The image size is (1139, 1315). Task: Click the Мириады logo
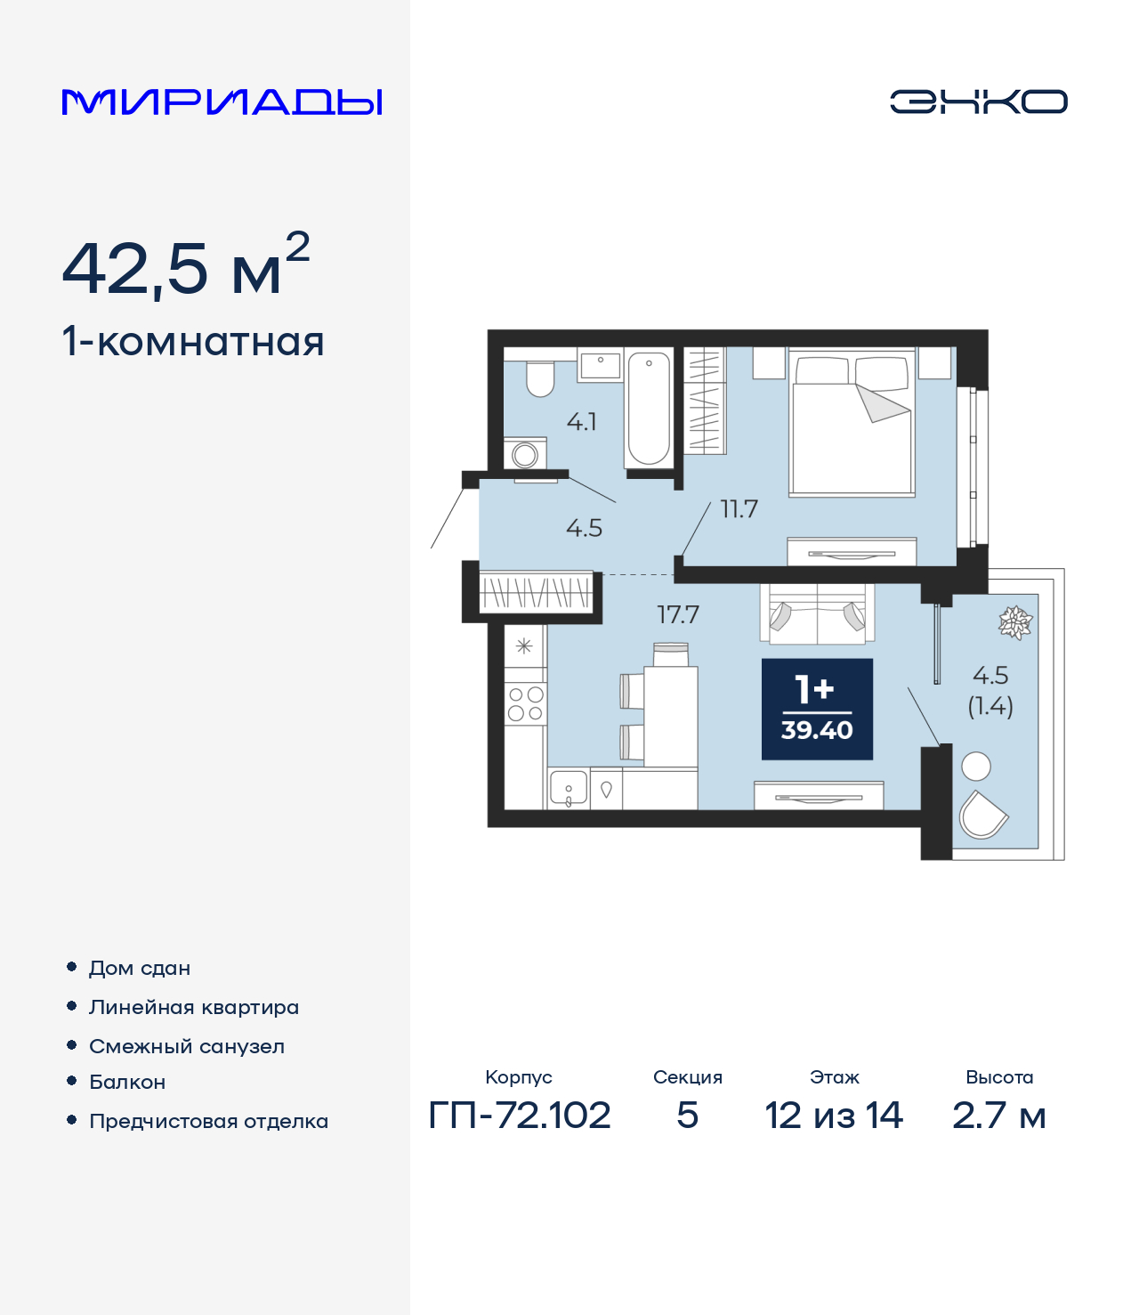[222, 102]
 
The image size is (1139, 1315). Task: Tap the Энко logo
[978, 101]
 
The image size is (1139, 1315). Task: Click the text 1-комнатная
[193, 342]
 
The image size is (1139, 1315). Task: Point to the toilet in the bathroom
[540, 378]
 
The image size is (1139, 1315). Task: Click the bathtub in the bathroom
[649, 408]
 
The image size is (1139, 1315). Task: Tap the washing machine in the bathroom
[525, 454]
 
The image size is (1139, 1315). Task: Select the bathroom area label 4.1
[582, 421]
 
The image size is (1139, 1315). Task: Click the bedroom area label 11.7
[739, 509]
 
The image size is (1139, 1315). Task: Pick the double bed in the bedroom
[852, 424]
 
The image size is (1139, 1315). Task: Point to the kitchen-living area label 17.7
[678, 614]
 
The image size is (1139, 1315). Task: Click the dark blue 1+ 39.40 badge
[817, 710]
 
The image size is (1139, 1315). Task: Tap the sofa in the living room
[817, 613]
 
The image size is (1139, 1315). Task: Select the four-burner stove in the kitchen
[525, 703]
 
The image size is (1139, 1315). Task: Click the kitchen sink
[568, 789]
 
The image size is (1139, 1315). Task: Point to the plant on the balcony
[1014, 622]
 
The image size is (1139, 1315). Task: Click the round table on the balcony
[976, 766]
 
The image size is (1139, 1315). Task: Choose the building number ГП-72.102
[520, 1115]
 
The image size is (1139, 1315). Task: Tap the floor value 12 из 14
[834, 1115]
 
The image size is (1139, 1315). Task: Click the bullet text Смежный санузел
[187, 1046]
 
